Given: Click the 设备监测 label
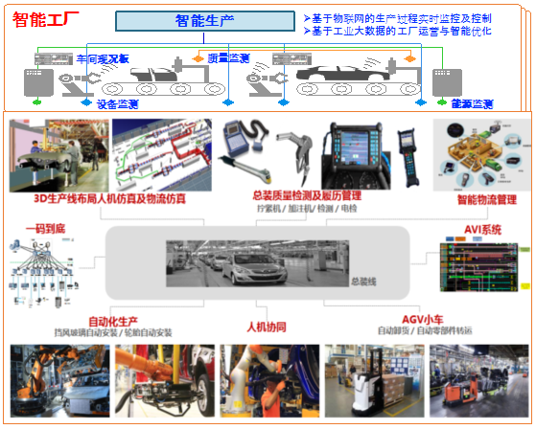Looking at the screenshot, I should click(120, 103).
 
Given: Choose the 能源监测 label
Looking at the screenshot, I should click(471, 103).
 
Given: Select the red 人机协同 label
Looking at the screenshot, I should click(267, 327).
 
